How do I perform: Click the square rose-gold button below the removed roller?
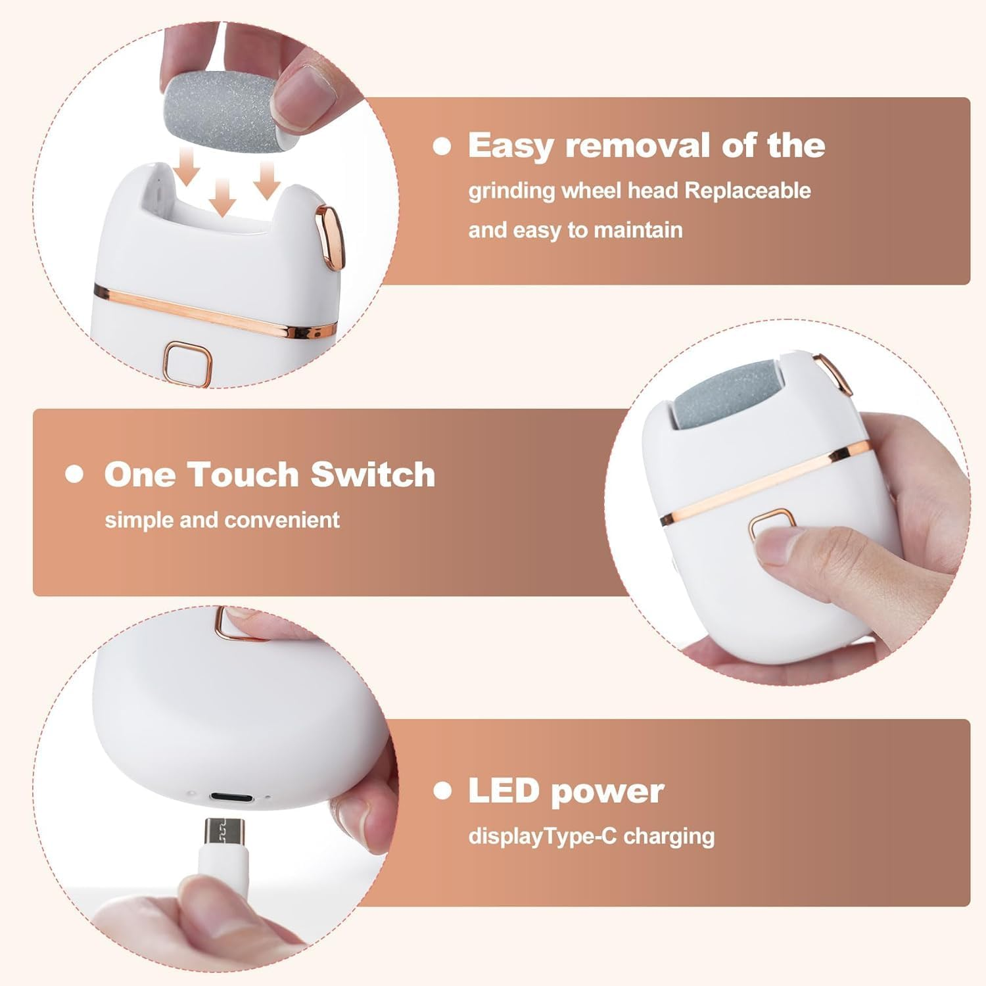click(189, 362)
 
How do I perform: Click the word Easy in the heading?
click(510, 146)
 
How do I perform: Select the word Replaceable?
click(747, 191)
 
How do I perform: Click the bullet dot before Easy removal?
click(442, 146)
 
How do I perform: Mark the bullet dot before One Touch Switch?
click(75, 474)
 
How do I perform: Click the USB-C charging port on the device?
click(231, 797)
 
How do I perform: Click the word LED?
click(504, 791)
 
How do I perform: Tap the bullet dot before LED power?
click(442, 791)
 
